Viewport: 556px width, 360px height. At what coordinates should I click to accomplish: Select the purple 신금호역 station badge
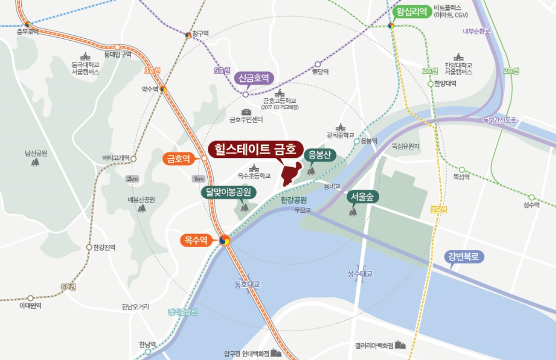(x=254, y=78)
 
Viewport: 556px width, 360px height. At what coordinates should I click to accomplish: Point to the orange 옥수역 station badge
(x=196, y=239)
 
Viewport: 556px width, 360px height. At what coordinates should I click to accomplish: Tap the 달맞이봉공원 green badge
(x=229, y=192)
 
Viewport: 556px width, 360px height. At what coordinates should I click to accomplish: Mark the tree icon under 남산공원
(x=35, y=163)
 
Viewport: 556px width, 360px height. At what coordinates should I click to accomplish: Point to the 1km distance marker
(x=199, y=178)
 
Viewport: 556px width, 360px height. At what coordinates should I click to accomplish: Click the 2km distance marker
(x=132, y=178)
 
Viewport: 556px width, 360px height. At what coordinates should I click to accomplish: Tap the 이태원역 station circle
(x=31, y=298)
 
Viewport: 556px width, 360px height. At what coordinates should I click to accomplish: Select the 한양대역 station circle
(x=430, y=84)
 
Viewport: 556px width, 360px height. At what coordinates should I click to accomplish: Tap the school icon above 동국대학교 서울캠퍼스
(x=85, y=56)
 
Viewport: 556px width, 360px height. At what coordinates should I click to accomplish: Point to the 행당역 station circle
(x=318, y=64)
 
